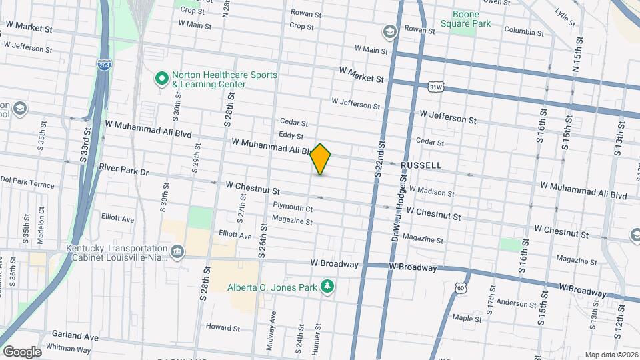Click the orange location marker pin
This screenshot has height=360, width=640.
(x=321, y=159)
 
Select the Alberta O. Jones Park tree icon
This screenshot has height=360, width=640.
(x=327, y=287)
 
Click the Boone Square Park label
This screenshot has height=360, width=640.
(x=471, y=18)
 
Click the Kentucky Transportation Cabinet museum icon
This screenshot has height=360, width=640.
(x=177, y=251)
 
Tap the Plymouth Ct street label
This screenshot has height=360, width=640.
(x=293, y=208)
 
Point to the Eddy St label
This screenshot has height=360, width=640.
(x=297, y=136)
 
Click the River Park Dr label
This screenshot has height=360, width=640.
(x=123, y=171)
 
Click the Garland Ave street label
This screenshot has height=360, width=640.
(x=77, y=337)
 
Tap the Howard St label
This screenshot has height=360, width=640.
(x=223, y=327)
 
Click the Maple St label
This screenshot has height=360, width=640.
(x=467, y=319)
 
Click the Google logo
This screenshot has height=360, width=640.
(x=21, y=351)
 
